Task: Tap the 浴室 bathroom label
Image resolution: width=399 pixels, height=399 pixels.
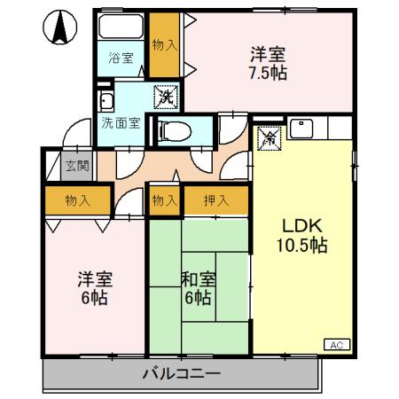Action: pyautogui.click(x=121, y=59)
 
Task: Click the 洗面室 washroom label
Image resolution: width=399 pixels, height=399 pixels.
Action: pyautogui.click(x=120, y=122)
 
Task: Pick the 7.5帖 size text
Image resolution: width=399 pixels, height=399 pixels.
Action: pyautogui.click(x=266, y=72)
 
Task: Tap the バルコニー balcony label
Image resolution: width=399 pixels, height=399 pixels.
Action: pyautogui.click(x=181, y=373)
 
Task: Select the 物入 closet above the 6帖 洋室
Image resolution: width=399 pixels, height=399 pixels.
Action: pyautogui.click(x=78, y=201)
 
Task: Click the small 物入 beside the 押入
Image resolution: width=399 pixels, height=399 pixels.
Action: pyautogui.click(x=164, y=201)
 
